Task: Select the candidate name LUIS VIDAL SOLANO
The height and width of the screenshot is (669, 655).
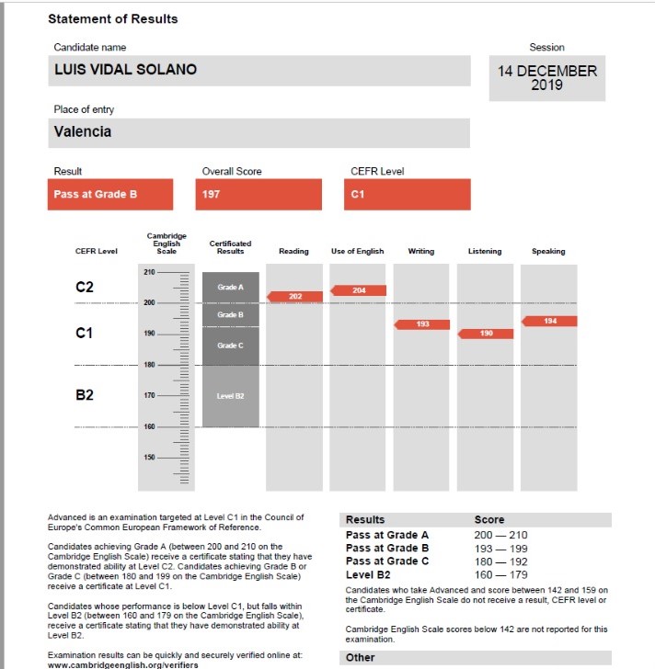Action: pos(125,70)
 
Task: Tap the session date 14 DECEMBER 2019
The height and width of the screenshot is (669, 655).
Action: pos(547,78)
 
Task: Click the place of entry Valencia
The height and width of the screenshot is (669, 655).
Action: pos(83,131)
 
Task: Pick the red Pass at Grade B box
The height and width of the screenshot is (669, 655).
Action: pos(110,194)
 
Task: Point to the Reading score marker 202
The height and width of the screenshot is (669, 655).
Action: pos(294,296)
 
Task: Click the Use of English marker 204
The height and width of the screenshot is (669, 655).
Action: pos(359,290)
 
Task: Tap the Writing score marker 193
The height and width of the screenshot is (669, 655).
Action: pos(422,323)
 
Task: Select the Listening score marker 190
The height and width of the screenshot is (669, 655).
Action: pos(486,333)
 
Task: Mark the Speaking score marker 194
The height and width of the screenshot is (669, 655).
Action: pos(549,321)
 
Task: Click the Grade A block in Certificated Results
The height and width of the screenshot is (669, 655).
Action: pos(230,288)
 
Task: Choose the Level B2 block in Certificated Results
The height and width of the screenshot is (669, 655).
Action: pos(230,396)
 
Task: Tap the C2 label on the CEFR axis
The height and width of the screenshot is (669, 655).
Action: pos(85,288)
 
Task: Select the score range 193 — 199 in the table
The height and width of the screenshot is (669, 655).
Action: pos(500,548)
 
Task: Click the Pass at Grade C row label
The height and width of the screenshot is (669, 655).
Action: pos(387,561)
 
